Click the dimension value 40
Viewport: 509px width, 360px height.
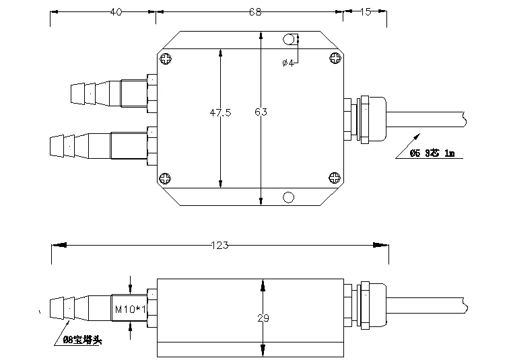click(x=116, y=12)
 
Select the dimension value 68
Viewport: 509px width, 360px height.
click(x=254, y=12)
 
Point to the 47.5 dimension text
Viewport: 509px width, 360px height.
click(x=220, y=113)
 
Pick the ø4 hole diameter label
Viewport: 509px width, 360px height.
click(x=288, y=63)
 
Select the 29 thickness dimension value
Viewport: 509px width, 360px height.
click(x=263, y=317)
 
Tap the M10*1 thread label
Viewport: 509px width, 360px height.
click(x=128, y=310)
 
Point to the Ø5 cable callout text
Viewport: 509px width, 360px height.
click(x=432, y=153)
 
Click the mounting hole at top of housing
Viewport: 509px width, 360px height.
click(x=289, y=40)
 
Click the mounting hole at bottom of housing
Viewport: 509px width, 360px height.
click(x=289, y=196)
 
